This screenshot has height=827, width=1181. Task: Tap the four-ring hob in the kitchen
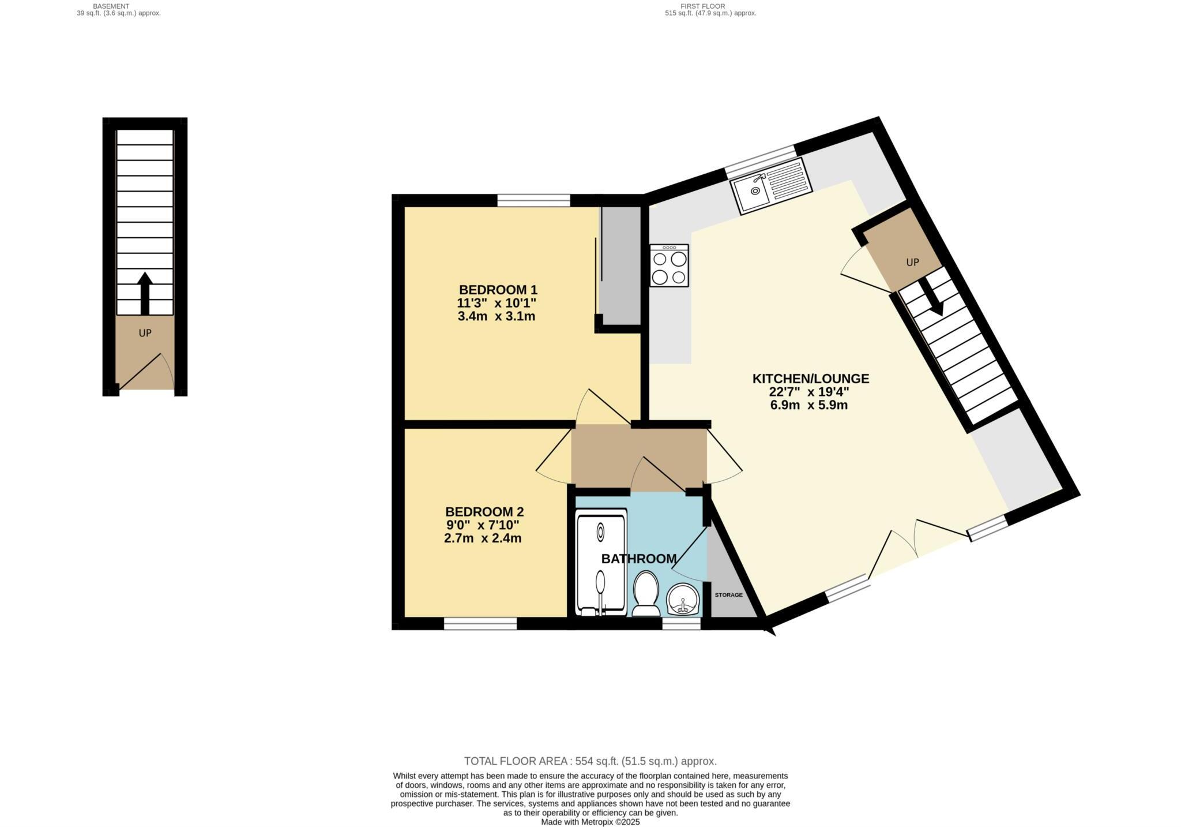point(669,265)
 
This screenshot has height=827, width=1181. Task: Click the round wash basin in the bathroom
point(683,600)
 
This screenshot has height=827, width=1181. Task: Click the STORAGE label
point(728,595)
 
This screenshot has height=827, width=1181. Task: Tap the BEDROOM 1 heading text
point(498,290)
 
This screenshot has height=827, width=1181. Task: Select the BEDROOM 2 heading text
point(484,512)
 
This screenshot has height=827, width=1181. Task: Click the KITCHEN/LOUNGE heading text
point(810,379)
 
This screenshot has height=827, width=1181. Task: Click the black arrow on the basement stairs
point(145,293)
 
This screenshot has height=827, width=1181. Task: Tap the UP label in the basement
point(145,333)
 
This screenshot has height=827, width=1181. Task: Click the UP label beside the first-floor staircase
point(912,262)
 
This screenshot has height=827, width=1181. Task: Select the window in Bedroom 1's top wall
point(533,200)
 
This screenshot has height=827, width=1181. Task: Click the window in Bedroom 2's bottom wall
point(480,623)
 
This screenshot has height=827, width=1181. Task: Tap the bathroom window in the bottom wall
point(681,623)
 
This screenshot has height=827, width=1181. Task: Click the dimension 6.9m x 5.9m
point(808,405)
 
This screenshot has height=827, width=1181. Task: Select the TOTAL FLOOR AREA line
point(590,761)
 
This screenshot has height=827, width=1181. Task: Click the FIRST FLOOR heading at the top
point(710,6)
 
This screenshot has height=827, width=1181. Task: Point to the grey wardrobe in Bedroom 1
point(620,265)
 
